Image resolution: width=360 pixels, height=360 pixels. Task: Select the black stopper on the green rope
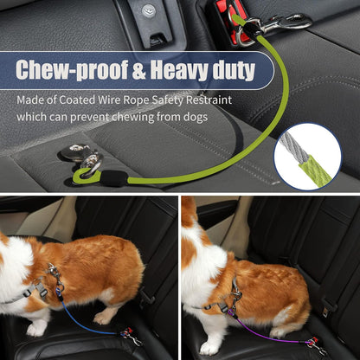tap(113, 178)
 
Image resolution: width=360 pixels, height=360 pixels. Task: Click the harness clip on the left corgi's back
tap(55, 273)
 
